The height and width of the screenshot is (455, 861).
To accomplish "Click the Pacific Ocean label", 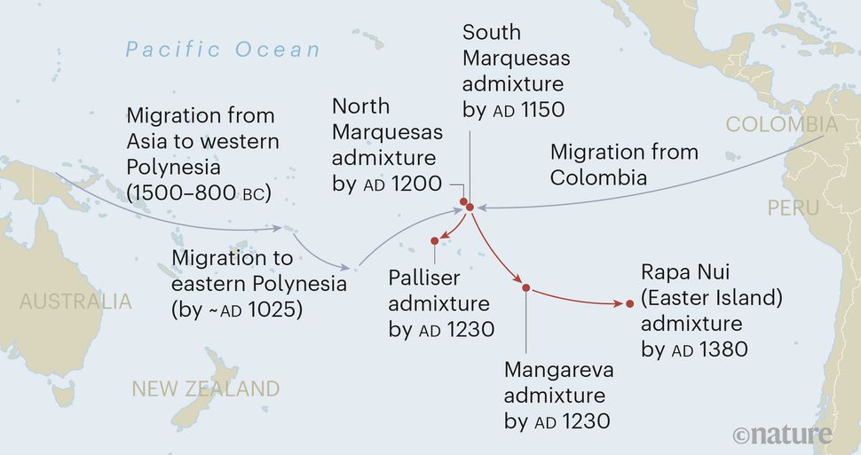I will (x=223, y=49).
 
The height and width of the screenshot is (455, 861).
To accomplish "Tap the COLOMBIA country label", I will (x=781, y=125).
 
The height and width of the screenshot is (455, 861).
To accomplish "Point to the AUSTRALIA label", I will (x=75, y=302).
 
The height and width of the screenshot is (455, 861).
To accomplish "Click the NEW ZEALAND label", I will (x=205, y=388).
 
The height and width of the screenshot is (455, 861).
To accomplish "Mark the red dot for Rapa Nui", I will (x=629, y=304).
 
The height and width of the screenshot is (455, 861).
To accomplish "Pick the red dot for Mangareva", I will (x=525, y=287).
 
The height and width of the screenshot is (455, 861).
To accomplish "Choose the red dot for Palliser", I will (x=435, y=240).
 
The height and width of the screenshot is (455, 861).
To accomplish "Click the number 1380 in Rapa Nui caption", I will (x=723, y=349).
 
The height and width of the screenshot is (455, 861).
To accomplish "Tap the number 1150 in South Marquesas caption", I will (x=540, y=111).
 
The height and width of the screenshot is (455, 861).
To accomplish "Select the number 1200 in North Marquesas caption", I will (x=416, y=184).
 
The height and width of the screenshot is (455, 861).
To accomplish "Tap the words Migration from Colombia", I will (x=623, y=164).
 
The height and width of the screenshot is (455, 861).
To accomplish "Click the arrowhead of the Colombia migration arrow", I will (x=482, y=208).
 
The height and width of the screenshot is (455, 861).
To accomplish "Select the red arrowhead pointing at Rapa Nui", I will (x=620, y=303).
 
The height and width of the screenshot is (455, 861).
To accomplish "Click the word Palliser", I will (x=424, y=278).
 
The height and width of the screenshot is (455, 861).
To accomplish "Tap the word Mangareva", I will (x=558, y=370).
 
